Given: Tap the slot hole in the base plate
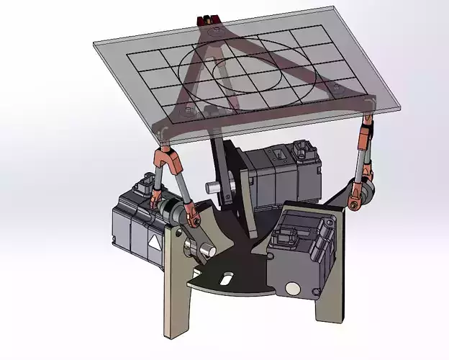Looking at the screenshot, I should [x=226, y=277].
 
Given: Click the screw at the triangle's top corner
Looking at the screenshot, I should [x=214, y=32].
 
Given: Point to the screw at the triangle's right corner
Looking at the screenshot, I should [x=332, y=88].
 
